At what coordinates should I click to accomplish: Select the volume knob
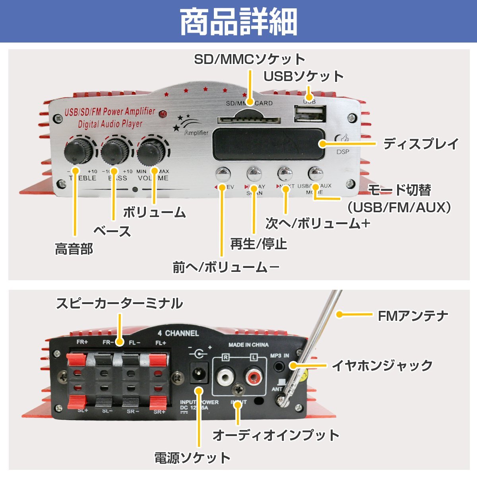(152, 150)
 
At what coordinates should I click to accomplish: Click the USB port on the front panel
(309, 115)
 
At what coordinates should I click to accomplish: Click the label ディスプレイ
(421, 144)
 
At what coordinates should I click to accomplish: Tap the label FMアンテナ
(413, 316)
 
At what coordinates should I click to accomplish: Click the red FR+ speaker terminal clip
(77, 360)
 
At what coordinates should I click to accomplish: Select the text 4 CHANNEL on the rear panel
(178, 334)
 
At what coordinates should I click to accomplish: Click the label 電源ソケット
(192, 458)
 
